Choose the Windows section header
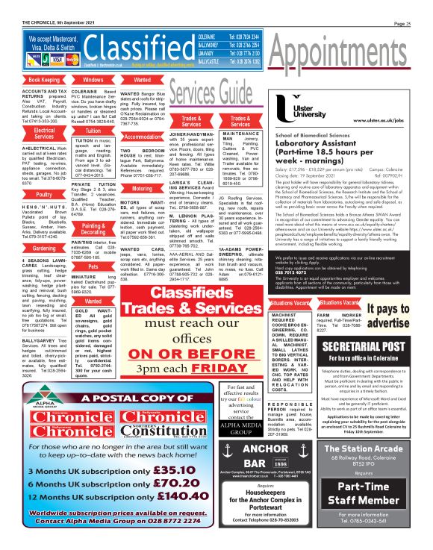click(x=93, y=79)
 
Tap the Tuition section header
click(x=93, y=130)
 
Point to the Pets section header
click(x=93, y=266)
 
